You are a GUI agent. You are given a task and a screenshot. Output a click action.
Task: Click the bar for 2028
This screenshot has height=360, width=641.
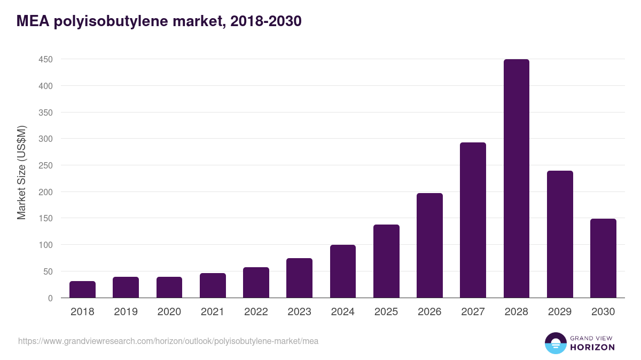tap(516, 179)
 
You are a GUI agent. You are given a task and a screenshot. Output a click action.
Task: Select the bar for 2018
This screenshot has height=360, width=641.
tap(82, 290)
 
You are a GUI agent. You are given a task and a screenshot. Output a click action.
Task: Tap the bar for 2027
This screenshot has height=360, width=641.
tap(473, 220)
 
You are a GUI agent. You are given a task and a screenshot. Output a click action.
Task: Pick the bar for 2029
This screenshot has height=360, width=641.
tap(560, 234)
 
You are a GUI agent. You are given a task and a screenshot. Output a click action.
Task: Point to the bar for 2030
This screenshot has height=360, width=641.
tap(603, 258)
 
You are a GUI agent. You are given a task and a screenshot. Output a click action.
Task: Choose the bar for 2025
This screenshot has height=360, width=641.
tap(386, 261)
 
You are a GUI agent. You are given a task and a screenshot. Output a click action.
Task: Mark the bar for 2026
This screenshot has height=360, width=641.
tap(429, 245)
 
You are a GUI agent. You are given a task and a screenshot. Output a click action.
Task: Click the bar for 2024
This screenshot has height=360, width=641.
tap(343, 271)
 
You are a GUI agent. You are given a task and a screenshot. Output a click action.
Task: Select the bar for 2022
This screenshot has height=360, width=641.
tap(256, 283)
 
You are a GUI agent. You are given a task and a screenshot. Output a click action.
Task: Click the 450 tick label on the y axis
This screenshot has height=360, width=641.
tap(45, 59)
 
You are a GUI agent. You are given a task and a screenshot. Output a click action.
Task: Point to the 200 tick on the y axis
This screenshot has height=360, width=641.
tap(45, 192)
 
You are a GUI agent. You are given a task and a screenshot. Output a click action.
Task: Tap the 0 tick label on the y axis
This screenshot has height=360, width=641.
tap(50, 298)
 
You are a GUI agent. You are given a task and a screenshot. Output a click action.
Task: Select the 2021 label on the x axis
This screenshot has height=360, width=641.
tap(213, 312)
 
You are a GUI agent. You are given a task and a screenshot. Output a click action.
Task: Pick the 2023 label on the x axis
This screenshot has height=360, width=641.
tap(299, 312)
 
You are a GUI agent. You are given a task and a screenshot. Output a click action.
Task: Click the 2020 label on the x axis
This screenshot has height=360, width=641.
tap(169, 312)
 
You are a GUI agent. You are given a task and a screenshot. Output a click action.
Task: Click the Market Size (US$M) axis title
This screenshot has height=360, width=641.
tap(21, 172)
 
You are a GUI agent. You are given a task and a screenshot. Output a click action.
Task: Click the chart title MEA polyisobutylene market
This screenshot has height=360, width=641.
tap(159, 21)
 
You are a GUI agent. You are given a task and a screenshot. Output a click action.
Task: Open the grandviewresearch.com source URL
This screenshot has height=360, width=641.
tap(168, 341)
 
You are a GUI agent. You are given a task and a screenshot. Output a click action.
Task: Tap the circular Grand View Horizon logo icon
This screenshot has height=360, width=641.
tap(555, 343)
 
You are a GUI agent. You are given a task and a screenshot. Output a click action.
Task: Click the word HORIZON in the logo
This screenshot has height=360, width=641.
tap(592, 347)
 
